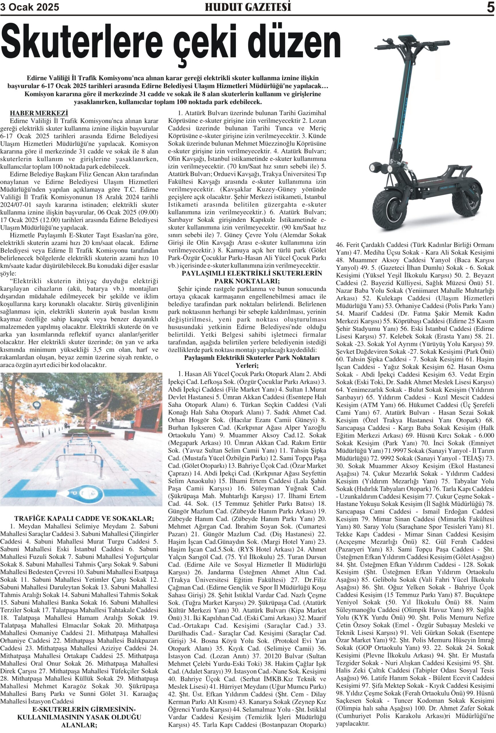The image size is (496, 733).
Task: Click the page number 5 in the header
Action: click(490, 7)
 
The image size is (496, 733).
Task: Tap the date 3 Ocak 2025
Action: click(30, 7)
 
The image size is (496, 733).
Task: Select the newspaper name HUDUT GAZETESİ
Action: click(248, 7)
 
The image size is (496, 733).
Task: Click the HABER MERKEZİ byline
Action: click(39, 113)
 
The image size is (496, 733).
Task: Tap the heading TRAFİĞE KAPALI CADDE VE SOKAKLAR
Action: click(84, 518)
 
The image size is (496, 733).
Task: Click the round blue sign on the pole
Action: click(37, 405)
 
